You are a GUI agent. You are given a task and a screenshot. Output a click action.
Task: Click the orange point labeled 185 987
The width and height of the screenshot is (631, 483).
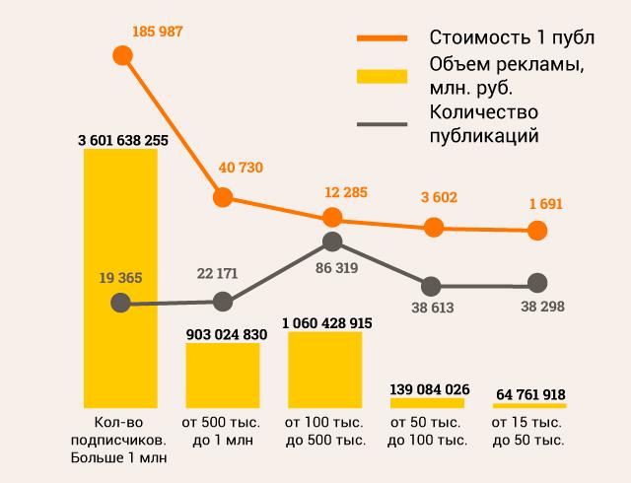[123, 56]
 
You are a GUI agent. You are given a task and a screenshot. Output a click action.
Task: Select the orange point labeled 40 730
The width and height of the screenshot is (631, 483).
[223, 197]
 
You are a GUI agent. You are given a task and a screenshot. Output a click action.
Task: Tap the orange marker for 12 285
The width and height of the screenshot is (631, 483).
[332, 218]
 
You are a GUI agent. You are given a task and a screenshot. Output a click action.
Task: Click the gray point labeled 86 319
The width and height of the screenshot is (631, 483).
[332, 241]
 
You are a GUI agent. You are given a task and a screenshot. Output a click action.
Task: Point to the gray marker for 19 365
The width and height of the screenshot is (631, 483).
[121, 305]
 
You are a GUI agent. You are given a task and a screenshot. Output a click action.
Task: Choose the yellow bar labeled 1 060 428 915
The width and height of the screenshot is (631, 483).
[325, 370]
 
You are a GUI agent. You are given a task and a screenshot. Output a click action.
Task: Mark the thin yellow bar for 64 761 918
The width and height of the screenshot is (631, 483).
[530, 406]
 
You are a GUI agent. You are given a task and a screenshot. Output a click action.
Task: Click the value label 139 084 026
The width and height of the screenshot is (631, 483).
[427, 386]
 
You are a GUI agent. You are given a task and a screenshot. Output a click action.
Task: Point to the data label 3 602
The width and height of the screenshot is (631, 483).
[434, 197]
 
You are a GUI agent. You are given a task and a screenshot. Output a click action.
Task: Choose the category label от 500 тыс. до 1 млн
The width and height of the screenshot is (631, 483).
[224, 432]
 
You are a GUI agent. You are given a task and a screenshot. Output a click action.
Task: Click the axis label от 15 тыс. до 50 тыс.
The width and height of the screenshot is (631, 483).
[529, 432]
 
